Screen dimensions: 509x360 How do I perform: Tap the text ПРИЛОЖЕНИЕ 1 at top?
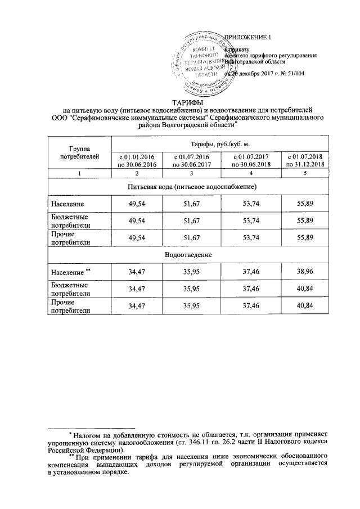coord(248,38)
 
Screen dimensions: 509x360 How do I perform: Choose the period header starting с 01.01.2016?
coord(137,160)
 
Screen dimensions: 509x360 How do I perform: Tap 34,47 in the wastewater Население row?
coord(137,272)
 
